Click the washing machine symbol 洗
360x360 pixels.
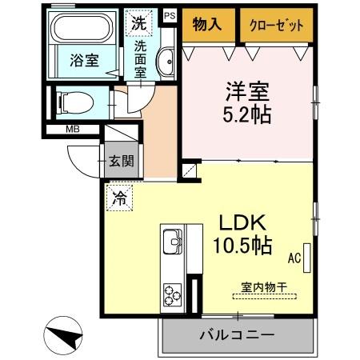click(138, 23)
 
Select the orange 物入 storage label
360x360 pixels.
click(207, 25)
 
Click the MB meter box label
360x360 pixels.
click(72, 129)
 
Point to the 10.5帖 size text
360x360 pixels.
click(240, 244)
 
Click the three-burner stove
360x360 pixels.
click(173, 294)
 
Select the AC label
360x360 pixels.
click(294, 258)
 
